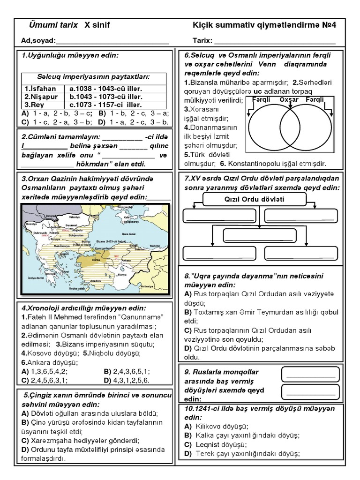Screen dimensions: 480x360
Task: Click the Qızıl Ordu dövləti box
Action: click(252, 199)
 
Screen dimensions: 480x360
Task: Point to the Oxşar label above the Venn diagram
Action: click(289, 100)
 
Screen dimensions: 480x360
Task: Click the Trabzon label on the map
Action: click(155, 245)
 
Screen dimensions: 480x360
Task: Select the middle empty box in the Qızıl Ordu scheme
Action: click(253, 235)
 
